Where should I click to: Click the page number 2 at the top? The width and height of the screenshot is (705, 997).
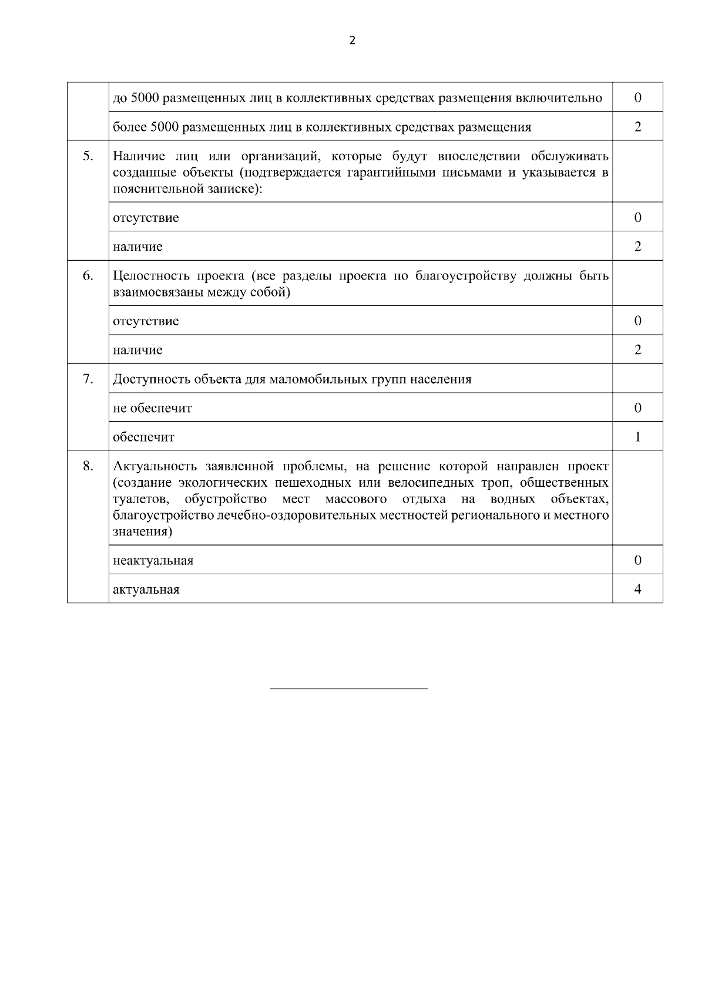[352, 41]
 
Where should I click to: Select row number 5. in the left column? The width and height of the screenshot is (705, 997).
[88, 156]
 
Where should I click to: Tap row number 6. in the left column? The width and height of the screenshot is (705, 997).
[88, 275]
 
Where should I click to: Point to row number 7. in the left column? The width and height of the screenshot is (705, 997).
[88, 379]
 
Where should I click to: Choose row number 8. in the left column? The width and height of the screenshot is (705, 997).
[88, 466]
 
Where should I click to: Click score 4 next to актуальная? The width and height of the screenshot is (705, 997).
[637, 589]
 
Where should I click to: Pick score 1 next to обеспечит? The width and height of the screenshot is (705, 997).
[637, 437]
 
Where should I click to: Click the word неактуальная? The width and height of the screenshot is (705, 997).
[153, 561]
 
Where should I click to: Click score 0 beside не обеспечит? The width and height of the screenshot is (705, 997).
[637, 407]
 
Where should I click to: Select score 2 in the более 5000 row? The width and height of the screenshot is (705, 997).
[637, 127]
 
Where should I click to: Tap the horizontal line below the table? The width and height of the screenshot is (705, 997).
[348, 688]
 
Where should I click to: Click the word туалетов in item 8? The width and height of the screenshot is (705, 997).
[142, 500]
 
